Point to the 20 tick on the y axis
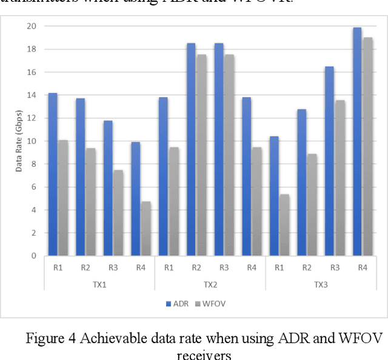(31, 26)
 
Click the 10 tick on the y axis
(31, 141)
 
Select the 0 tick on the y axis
(33, 256)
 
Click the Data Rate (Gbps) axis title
(18, 141)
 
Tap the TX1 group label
(99, 284)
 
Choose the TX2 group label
(210, 284)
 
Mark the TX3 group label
(321, 284)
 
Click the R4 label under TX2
(252, 268)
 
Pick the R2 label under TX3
(307, 268)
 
